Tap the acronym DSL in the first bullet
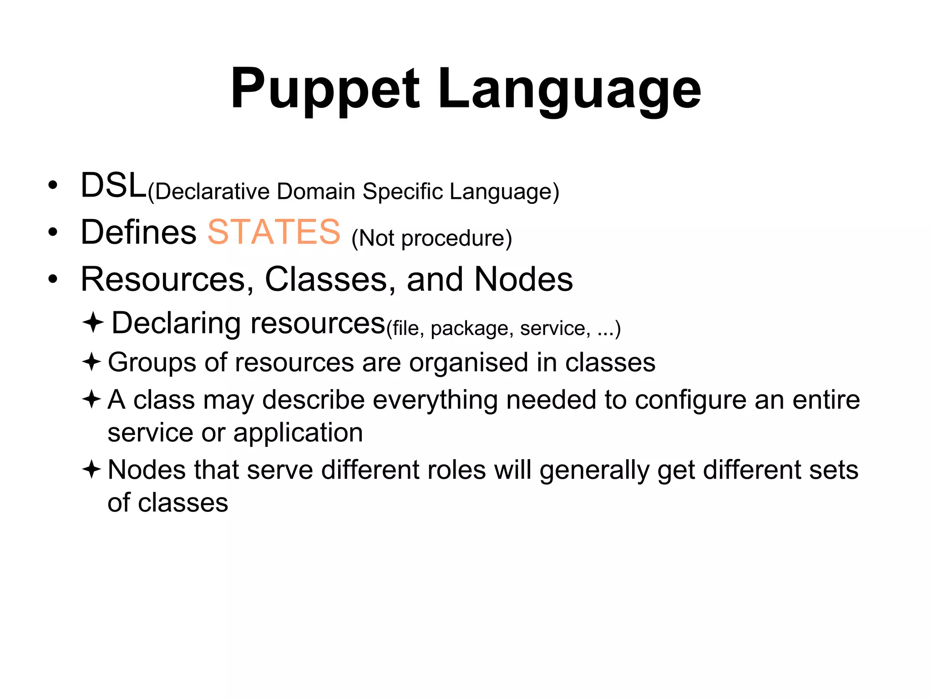click(113, 186)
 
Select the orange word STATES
click(274, 232)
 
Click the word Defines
click(138, 232)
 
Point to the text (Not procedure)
click(431, 238)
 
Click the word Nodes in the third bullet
click(523, 279)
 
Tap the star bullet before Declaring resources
click(93, 323)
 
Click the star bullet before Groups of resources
click(91, 362)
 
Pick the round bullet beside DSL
click(53, 185)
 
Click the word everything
click(435, 400)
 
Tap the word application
click(298, 433)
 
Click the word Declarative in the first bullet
click(212, 192)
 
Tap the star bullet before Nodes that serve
click(91, 469)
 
